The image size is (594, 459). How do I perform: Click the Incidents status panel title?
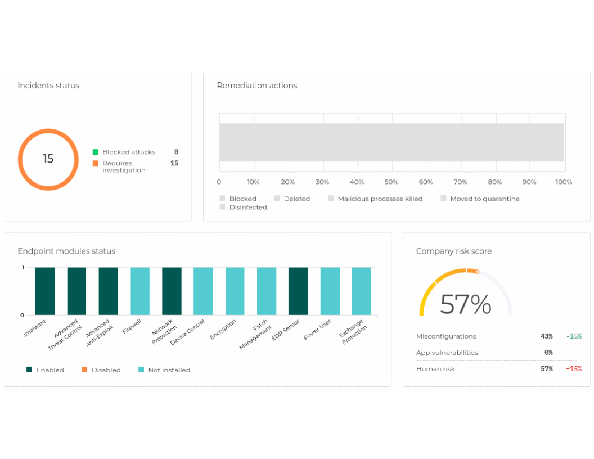(48, 85)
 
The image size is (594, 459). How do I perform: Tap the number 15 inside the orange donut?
(48, 159)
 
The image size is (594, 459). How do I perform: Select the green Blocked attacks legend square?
(96, 152)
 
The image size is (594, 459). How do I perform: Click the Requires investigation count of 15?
(174, 163)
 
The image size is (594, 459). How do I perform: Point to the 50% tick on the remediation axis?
(391, 182)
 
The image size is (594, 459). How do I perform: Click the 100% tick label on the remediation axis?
(564, 182)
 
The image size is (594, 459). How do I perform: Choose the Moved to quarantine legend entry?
(484, 199)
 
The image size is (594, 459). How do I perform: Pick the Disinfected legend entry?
(247, 207)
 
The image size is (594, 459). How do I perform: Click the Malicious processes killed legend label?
(380, 199)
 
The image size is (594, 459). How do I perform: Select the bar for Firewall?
(140, 291)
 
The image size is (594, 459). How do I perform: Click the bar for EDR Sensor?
(298, 291)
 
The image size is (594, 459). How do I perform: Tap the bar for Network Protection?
(172, 291)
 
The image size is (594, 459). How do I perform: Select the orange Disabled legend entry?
(106, 370)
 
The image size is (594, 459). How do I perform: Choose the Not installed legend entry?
(169, 370)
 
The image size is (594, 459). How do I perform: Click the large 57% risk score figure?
(465, 305)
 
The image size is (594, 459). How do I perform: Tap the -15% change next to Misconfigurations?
(574, 336)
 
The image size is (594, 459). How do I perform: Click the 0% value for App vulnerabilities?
(548, 353)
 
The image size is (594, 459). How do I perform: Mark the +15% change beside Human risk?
(574, 369)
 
